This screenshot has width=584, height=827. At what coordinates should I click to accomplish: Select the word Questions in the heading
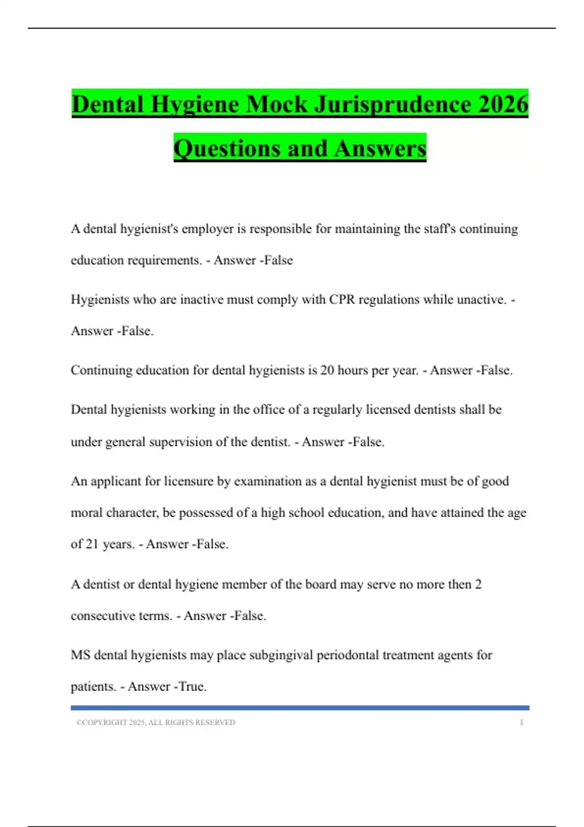(226, 148)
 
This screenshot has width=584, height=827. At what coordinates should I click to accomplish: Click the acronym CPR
(342, 299)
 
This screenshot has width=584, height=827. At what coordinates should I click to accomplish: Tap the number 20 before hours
(327, 370)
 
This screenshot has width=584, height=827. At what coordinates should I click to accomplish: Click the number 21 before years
(92, 544)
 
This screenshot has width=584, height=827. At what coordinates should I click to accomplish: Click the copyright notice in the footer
(156, 722)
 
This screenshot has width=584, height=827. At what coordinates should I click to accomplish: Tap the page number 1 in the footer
(521, 722)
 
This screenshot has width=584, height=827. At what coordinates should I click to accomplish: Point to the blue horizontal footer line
(300, 708)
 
